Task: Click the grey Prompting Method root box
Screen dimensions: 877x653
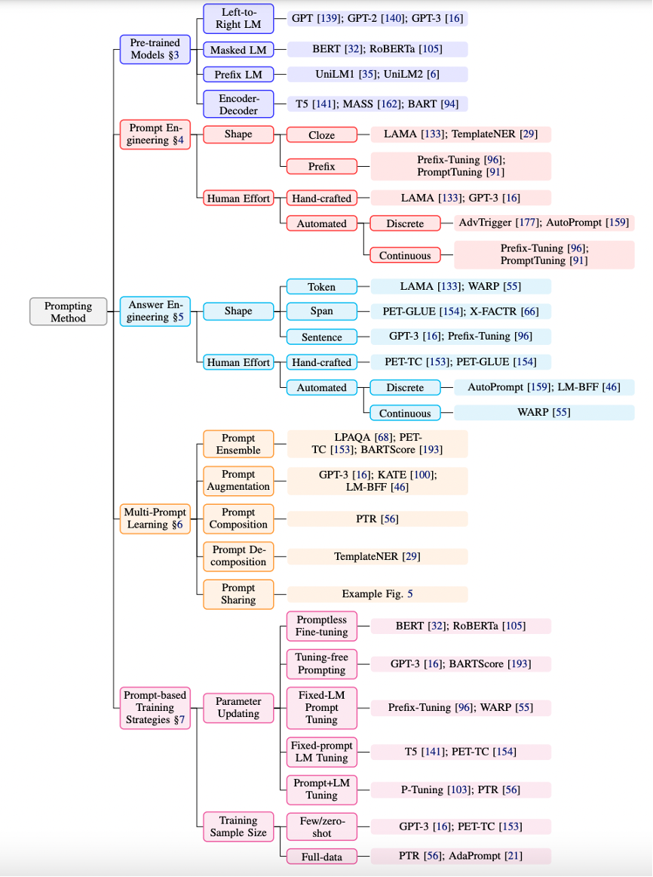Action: coord(69,312)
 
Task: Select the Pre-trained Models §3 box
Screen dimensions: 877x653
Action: coord(155,49)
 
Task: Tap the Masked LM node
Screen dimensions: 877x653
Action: coord(238,49)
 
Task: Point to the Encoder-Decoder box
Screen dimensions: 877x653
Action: coord(238,104)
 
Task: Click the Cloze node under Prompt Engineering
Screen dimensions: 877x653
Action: coord(321,134)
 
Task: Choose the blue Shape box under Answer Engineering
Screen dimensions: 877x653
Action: coord(238,311)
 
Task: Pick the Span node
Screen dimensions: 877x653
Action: coord(321,311)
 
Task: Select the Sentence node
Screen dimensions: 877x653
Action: coord(321,337)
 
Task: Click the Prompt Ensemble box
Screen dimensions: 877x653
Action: coord(238,444)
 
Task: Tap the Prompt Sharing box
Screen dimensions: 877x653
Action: coord(238,594)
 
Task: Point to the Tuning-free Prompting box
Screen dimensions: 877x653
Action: coord(321,663)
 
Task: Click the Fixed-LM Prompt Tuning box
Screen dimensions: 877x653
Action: coord(321,707)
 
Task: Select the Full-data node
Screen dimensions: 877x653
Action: coord(321,856)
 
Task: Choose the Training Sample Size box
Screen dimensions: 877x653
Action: coord(238,826)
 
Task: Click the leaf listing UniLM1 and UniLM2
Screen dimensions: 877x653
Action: coord(378,74)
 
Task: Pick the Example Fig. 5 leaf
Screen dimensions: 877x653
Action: coord(378,594)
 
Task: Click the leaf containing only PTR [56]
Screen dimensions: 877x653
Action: coord(378,519)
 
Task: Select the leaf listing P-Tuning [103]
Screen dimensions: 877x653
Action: coord(461,789)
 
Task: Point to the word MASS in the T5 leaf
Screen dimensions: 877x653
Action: coord(358,103)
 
